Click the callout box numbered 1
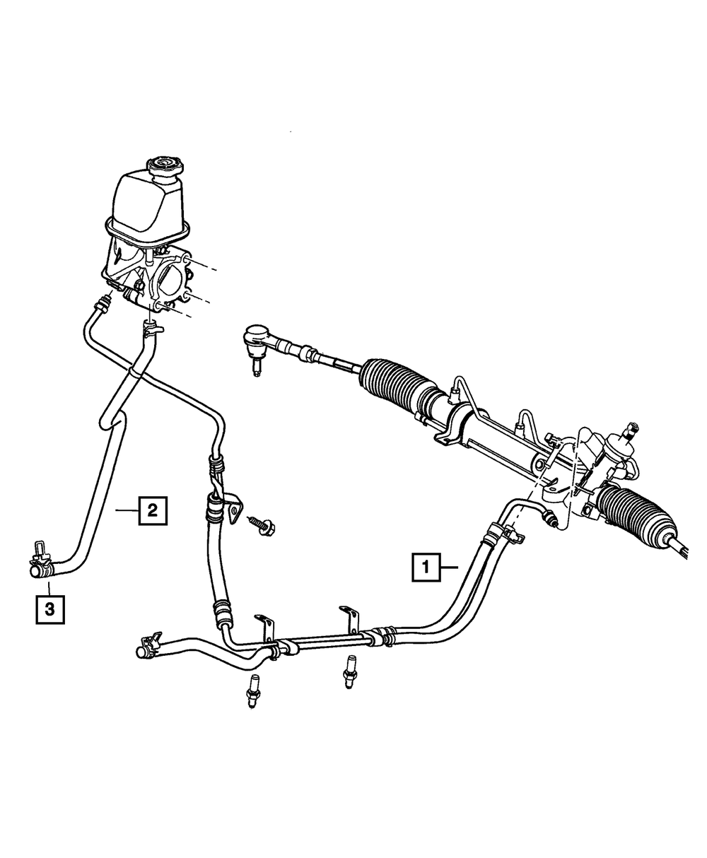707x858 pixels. point(426,567)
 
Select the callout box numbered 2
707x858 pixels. point(153,510)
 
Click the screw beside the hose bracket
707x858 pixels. point(262,524)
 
